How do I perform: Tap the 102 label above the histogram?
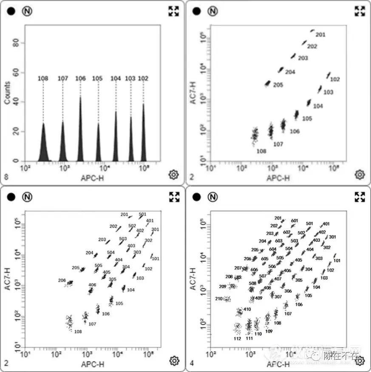tap(143, 78)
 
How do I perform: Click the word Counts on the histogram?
tap(8, 93)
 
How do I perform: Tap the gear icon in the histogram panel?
tap(173, 174)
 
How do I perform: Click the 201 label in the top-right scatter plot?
tap(320, 34)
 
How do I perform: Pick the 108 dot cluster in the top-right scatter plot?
tap(255, 136)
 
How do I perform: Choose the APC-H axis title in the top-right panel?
tap(278, 178)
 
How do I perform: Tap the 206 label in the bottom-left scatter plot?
tap(62, 280)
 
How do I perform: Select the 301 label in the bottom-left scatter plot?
tap(155, 229)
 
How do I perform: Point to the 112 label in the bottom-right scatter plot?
tap(238, 338)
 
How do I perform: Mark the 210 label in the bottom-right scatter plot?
tap(219, 298)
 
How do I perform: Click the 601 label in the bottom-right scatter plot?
tap(295, 220)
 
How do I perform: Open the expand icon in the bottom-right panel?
tap(360, 197)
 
